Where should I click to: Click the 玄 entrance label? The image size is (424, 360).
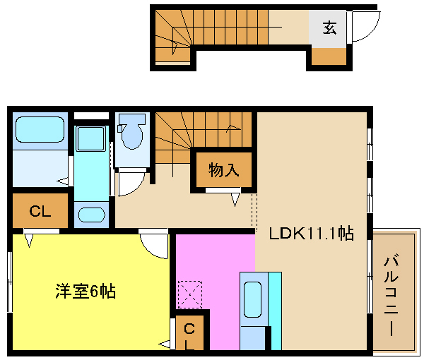[x=329, y=28]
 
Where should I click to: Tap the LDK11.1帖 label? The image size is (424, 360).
[x=311, y=234]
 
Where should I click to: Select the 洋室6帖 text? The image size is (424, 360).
[x=86, y=291]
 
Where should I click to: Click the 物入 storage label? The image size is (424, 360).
[x=223, y=170]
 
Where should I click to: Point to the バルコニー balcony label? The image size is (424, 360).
[x=391, y=295]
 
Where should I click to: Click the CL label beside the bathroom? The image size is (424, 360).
[x=40, y=211]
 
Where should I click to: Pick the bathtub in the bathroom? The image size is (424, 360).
[x=40, y=129]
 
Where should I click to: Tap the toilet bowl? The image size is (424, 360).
[x=132, y=131]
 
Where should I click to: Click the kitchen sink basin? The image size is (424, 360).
[x=252, y=299]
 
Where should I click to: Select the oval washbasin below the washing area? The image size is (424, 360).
[x=91, y=215]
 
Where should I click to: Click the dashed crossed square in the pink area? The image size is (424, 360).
[x=190, y=294]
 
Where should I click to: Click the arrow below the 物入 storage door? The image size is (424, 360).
[x=235, y=200]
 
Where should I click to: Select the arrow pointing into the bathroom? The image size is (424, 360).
[x=63, y=181]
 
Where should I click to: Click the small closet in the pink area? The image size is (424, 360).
[x=189, y=332]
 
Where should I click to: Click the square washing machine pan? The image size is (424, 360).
[x=90, y=138]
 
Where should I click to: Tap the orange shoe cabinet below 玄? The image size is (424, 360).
[x=329, y=56]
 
